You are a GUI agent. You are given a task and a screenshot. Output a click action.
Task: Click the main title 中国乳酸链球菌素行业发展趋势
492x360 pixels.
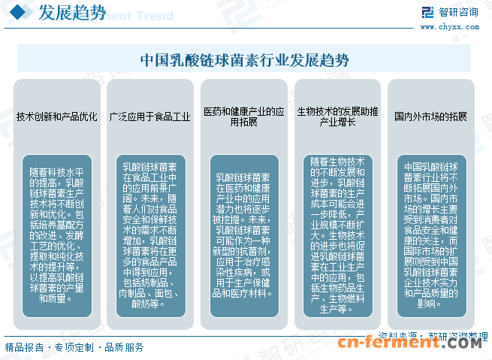coord(245,59)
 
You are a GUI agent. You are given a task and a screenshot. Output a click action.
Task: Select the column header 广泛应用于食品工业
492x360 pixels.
coord(150,116)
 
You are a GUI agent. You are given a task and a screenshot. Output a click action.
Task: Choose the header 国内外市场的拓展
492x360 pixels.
coord(431,116)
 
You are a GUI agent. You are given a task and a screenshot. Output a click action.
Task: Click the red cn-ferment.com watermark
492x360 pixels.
coord(409,344)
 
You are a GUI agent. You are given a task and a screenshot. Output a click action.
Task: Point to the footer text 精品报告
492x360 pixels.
coord(23,347)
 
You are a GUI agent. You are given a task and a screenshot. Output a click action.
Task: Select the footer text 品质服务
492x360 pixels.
coord(124,347)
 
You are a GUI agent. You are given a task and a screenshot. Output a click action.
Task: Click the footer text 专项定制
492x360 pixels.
coord(74,347)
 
